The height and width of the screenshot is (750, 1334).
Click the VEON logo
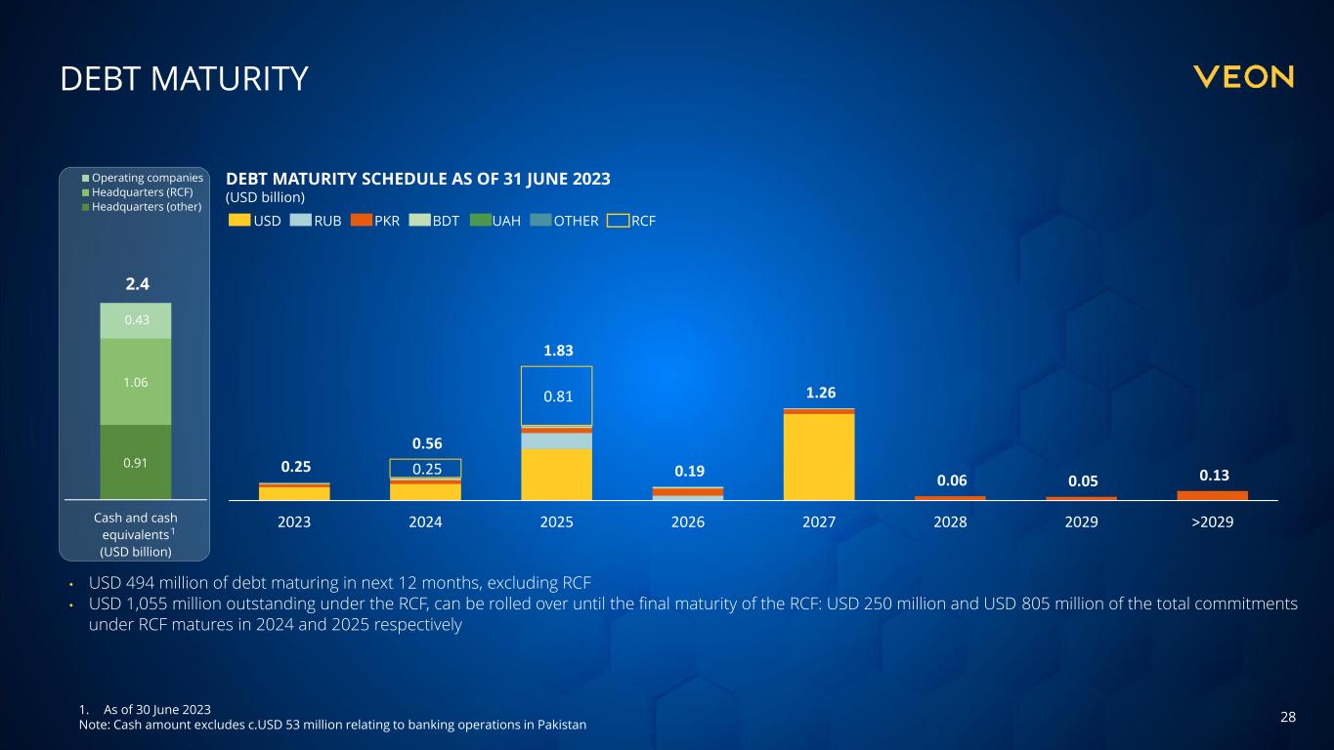[x=1243, y=77]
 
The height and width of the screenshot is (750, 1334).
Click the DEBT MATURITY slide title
[x=184, y=79]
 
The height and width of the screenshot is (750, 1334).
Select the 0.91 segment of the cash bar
[x=136, y=462]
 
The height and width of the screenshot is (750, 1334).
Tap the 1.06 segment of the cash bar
[x=136, y=382]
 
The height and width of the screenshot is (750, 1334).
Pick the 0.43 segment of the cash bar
[x=136, y=320]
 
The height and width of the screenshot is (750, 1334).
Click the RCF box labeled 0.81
[x=556, y=396]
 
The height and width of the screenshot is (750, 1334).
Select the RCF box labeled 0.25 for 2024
[x=425, y=469]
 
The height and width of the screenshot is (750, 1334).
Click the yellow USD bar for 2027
[x=819, y=457]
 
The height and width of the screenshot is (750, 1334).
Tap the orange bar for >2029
[x=1212, y=495]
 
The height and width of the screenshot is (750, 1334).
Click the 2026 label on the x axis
[x=688, y=522]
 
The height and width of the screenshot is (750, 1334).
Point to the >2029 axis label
[x=1212, y=522]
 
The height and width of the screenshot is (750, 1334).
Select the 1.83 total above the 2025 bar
[x=556, y=351]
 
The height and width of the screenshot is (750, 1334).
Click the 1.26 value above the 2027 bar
[x=819, y=393]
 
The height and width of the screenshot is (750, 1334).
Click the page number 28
[x=1288, y=718]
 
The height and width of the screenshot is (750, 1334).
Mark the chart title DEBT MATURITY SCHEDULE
[x=418, y=179]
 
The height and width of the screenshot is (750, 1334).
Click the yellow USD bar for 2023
[x=294, y=493]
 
